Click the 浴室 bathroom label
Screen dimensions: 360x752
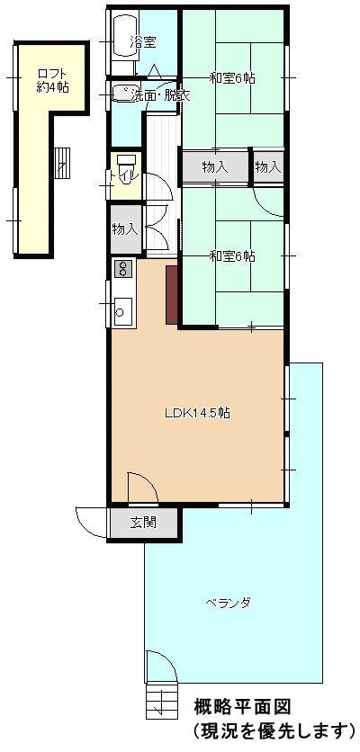point(142,42)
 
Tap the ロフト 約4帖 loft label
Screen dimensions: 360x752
point(52,81)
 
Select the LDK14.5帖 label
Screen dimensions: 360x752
point(197,413)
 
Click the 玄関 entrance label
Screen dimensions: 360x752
point(143,523)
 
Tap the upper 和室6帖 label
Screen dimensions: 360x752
point(232,77)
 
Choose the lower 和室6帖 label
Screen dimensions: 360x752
point(232,256)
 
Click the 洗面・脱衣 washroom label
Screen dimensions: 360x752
point(160,95)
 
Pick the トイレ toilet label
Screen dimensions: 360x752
point(124,175)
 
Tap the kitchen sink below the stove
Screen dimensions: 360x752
point(123,312)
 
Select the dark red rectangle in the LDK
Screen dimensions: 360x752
point(172,295)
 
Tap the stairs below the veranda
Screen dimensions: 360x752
point(161,701)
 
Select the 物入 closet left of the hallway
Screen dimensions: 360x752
point(125,229)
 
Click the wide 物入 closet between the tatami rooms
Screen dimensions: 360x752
point(215,167)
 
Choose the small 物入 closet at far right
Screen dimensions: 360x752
point(268,167)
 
